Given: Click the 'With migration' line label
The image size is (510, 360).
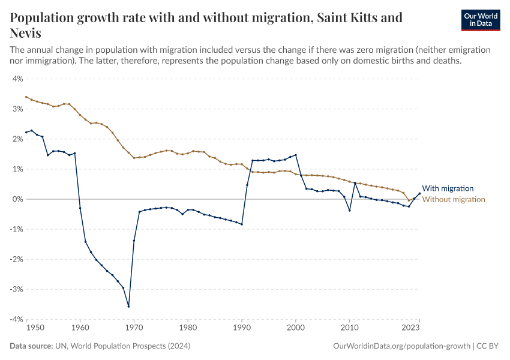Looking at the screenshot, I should pyautogui.click(x=448, y=188).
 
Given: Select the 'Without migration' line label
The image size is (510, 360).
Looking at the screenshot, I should pyautogui.click(x=454, y=199).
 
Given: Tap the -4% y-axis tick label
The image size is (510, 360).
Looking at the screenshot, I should pyautogui.click(x=16, y=319).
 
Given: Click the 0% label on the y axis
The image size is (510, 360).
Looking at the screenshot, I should pyautogui.click(x=17, y=199).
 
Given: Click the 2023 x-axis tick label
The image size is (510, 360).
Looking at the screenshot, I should pyautogui.click(x=410, y=328).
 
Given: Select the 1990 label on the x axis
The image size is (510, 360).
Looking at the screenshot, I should pyautogui.click(x=242, y=328).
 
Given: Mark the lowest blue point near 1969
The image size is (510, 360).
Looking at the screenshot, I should pyautogui.click(x=128, y=306).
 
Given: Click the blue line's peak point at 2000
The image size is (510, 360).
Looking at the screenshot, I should pyautogui.click(x=296, y=155).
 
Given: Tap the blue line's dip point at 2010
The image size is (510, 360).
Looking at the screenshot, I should pyautogui.click(x=349, y=211).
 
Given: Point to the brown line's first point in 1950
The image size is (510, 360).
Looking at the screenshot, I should pyautogui.click(x=26, y=97).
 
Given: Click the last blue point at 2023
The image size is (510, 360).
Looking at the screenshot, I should pyautogui.click(x=419, y=193).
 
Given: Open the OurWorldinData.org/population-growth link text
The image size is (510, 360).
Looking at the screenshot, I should pyautogui.click(x=400, y=346).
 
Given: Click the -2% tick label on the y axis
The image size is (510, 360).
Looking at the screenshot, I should pyautogui.click(x=16, y=259).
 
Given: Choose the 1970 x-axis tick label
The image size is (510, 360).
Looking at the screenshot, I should pyautogui.click(x=134, y=328).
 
